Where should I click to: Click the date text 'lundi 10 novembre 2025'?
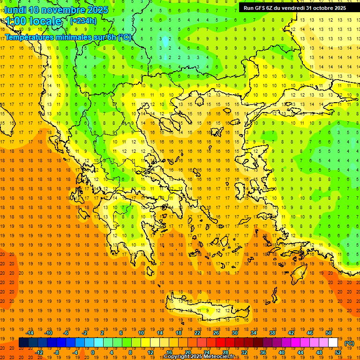point(56,10)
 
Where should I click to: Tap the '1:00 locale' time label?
point(33,21)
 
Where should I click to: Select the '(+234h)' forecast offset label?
point(83,21)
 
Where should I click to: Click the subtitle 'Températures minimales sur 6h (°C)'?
point(68,37)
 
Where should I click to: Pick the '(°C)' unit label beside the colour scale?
point(349,343)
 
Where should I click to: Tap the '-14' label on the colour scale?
point(30,333)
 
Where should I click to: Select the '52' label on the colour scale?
point(338,352)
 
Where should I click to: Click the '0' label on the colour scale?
point(92,352)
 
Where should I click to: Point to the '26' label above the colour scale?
point(216,333)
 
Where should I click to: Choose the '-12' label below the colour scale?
point(39,352)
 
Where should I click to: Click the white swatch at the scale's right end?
point(333,343)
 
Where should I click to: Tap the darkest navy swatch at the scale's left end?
point(23,343)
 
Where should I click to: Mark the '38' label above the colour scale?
point(272,333)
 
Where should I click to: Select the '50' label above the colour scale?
point(328,333)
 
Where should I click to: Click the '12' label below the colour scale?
point(150,352)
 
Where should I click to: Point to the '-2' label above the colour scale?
point(85,333)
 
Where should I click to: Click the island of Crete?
point(206,309)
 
